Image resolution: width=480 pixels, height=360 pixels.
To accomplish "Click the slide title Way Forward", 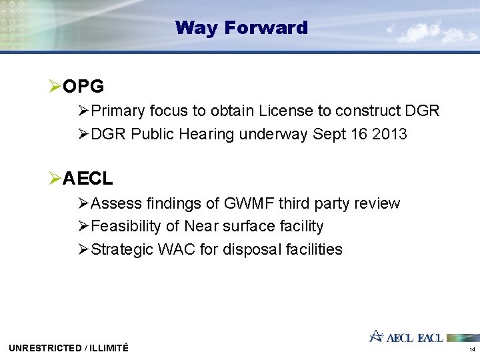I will (241, 28).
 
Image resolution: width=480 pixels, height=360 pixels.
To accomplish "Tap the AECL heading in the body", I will (88, 179).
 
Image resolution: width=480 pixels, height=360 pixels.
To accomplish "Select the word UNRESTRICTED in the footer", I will (45, 348).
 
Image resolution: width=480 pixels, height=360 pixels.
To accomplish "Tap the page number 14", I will (472, 349).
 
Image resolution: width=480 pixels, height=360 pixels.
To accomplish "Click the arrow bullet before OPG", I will (55, 87).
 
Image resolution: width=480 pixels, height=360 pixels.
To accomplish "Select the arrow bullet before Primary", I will (83, 111).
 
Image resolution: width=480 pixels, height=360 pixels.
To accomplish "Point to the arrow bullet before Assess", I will (83, 203).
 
